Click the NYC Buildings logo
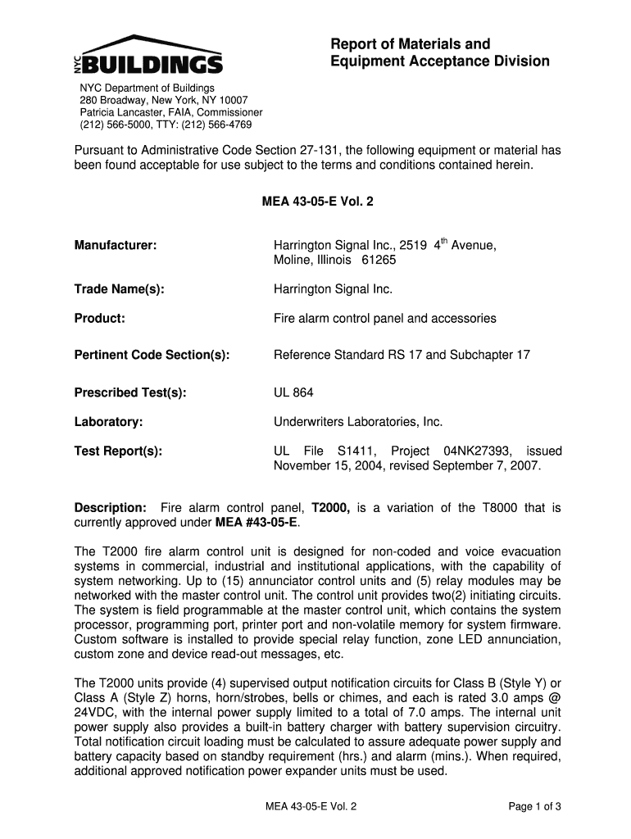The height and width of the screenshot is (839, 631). point(147,55)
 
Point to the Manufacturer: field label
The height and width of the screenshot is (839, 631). point(116,245)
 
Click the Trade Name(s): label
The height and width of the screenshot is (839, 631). point(120,289)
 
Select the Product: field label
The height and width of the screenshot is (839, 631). point(100,319)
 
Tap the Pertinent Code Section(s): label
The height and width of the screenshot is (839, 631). point(152,355)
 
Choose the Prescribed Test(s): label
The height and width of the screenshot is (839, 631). point(130,392)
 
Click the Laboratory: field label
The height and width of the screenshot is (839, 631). point(109,422)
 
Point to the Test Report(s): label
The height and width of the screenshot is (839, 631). point(118,451)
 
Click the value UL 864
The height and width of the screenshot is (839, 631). point(293,392)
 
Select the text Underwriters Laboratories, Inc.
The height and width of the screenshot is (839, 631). point(357,422)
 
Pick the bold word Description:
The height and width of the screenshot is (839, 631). point(111,508)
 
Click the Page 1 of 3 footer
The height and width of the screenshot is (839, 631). point(534,806)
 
